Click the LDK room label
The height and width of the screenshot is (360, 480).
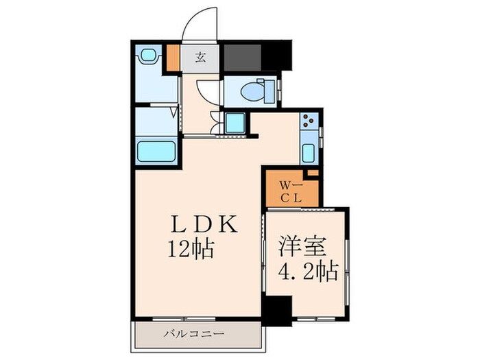[204, 224]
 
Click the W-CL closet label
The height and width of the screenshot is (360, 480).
[291, 190]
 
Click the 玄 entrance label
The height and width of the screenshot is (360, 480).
[201, 58]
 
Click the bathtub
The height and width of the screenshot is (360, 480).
[158, 151]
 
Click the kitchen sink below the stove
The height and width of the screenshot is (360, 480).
[309, 153]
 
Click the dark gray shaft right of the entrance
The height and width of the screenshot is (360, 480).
[243, 57]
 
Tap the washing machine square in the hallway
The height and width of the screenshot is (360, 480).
[235, 124]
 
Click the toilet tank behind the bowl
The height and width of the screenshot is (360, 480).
[270, 90]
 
